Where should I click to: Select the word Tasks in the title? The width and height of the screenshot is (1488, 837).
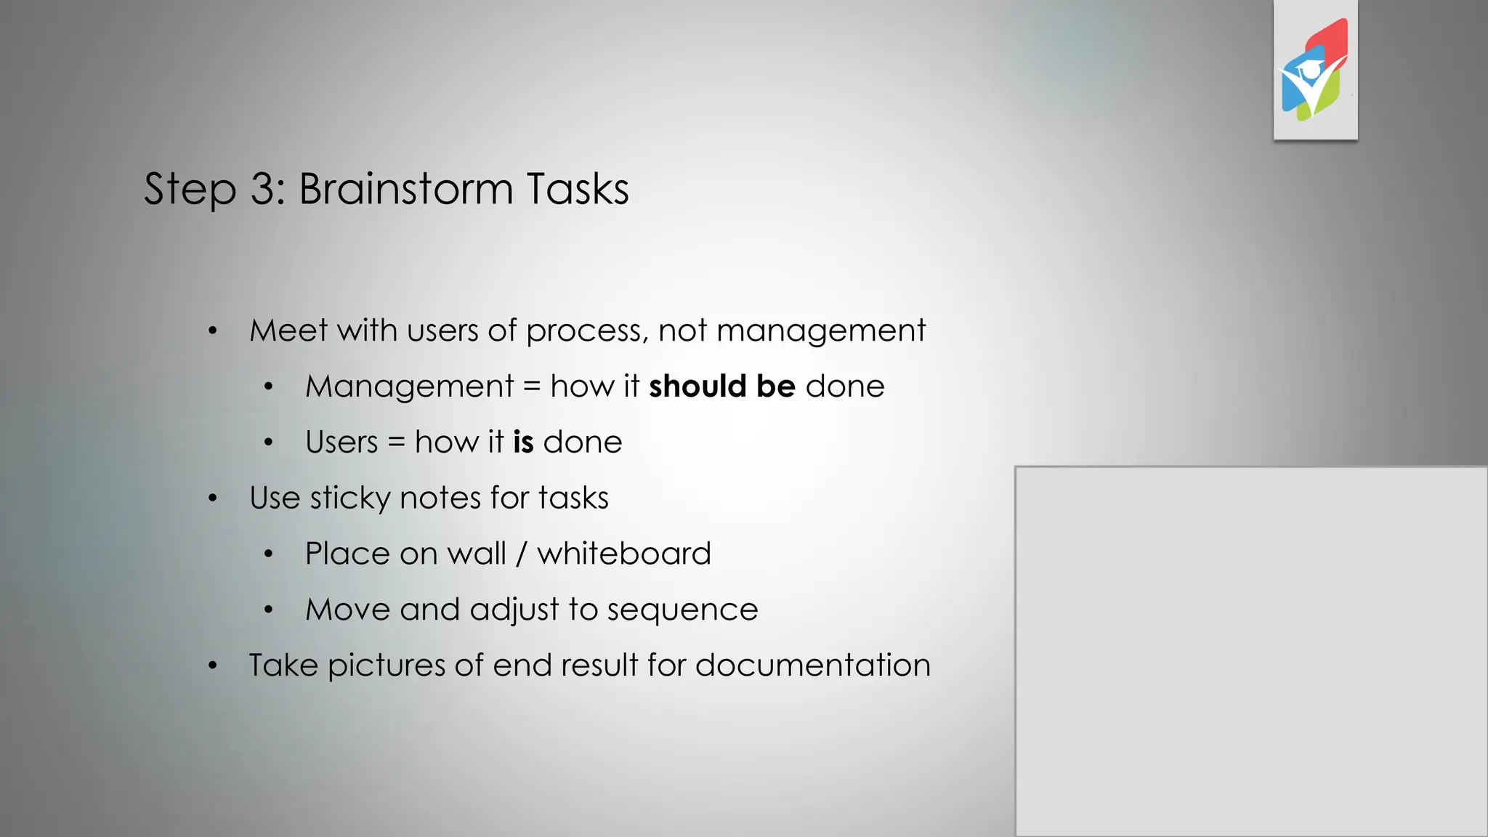tap(578, 189)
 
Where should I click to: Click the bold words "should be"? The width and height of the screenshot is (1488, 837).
tap(721, 386)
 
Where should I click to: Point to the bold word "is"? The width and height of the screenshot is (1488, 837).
tap(523, 442)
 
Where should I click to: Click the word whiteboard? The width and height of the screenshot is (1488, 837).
tap(623, 554)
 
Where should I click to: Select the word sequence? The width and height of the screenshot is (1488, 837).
tap(682, 610)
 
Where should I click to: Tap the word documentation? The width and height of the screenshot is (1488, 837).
tap(812, 666)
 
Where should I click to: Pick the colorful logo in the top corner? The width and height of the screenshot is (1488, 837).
tap(1315, 70)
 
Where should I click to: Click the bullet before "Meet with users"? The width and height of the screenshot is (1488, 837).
tap(212, 331)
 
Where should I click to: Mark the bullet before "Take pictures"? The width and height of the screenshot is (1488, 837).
tap(212, 666)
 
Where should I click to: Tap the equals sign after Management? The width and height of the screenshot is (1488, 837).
tap(532, 387)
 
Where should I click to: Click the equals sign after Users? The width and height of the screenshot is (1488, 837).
tap(396, 442)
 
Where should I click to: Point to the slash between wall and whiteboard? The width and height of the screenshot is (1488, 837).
tap(521, 554)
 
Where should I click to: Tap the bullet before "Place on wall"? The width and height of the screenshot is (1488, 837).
tap(268, 554)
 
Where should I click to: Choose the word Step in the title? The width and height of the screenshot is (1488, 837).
tap(190, 189)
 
